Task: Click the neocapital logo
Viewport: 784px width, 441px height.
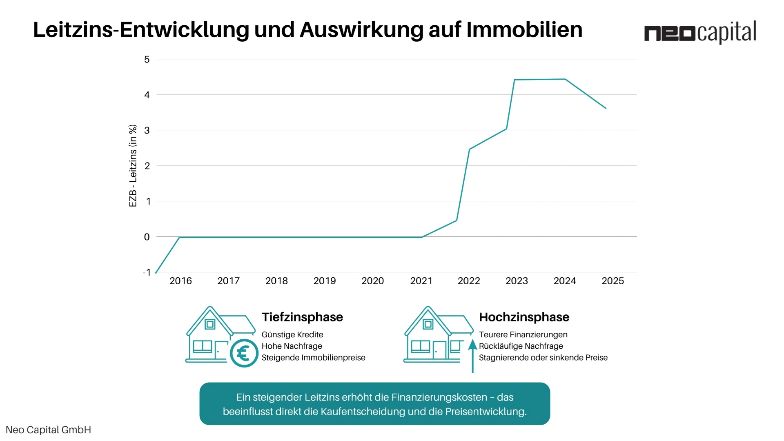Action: coord(700,32)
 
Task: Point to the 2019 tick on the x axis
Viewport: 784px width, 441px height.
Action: coord(325,281)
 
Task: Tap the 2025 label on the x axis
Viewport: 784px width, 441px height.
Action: coord(612,281)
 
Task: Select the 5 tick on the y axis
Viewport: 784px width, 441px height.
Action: coord(147,60)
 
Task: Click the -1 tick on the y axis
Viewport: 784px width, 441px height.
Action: coord(147,272)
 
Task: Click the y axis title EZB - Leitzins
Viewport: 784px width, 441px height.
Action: coord(133,166)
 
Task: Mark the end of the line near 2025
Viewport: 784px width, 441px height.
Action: coord(606,108)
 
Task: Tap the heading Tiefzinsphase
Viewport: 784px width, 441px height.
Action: coord(302,317)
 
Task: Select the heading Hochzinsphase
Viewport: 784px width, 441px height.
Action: coord(524,317)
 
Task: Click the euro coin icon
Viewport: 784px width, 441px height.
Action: coord(244,353)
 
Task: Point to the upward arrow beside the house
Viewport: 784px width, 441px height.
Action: coord(472,355)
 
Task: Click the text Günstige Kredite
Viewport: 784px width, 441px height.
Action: coord(292,335)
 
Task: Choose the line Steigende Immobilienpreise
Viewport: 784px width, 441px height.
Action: coord(313,358)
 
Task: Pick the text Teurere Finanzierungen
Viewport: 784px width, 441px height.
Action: coord(523,335)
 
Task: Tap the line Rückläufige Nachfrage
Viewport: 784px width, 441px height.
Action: coord(521,346)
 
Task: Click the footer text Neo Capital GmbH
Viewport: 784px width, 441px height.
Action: coord(48,430)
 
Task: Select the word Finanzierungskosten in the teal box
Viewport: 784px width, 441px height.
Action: coord(439,397)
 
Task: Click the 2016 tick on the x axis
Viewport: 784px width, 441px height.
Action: coord(180,281)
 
